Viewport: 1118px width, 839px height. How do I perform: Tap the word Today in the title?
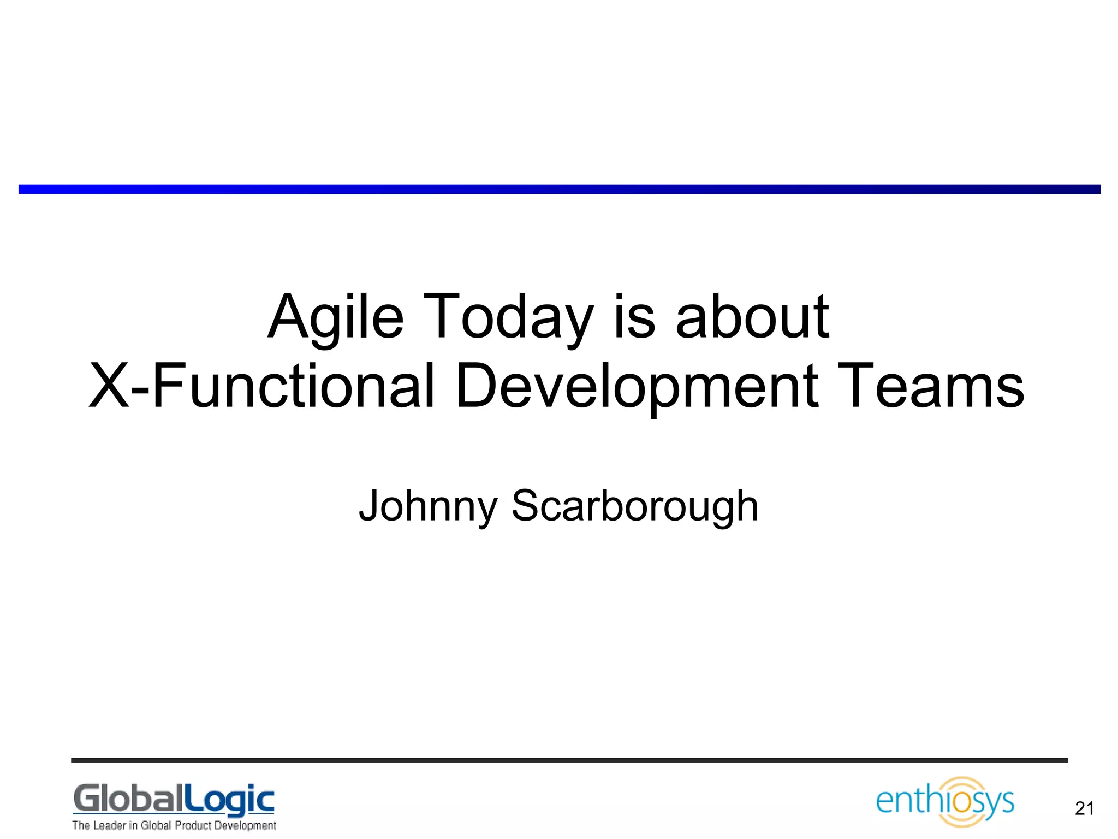[508, 317]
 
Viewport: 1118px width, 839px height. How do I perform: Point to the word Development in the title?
[637, 386]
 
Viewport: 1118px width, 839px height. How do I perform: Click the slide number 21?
[1084, 808]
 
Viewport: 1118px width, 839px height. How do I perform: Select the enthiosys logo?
[944, 802]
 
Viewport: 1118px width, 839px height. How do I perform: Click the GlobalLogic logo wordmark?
[174, 800]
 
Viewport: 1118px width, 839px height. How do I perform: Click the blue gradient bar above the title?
[559, 189]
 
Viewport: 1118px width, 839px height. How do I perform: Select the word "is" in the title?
[634, 317]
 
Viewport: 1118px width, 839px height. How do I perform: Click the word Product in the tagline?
[193, 825]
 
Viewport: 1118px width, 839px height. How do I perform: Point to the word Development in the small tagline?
[245, 825]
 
